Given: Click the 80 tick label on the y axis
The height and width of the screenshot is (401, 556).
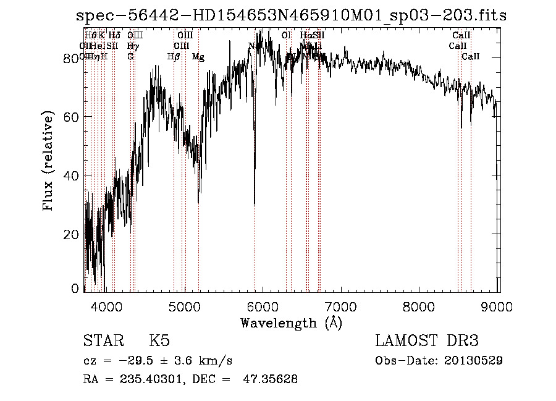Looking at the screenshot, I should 73,57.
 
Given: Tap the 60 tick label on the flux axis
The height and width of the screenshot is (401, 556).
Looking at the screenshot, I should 73,116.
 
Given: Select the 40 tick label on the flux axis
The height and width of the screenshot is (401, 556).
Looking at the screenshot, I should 73,175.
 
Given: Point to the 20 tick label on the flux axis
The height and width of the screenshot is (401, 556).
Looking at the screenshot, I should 73,234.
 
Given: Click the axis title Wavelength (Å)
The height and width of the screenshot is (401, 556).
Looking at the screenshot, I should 291,323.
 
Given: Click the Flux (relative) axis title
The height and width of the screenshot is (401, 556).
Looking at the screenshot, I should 49,162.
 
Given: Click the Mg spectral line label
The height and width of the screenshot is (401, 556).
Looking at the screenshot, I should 198,57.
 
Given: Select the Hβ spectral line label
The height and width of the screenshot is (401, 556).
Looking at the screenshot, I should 174,57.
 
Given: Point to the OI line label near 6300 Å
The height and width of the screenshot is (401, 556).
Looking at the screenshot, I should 285,36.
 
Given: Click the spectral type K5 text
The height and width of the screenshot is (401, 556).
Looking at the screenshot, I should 159,342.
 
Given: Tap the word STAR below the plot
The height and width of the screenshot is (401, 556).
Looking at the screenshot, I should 101,342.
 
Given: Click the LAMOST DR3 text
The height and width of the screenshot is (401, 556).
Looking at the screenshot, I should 427,342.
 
